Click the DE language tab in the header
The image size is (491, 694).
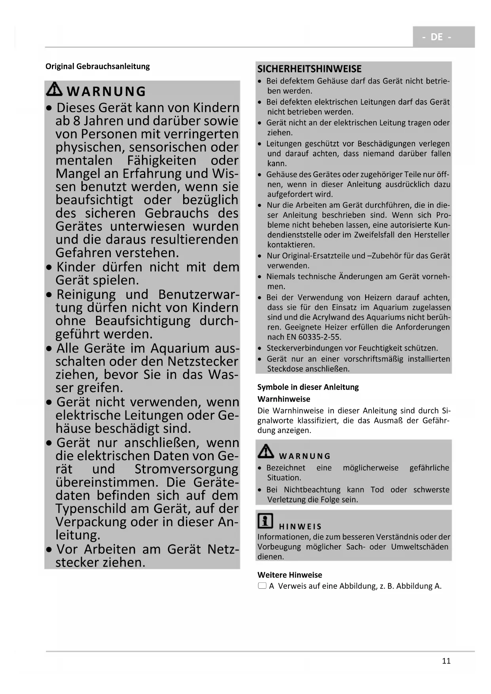437,37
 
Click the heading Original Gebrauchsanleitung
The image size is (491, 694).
97,66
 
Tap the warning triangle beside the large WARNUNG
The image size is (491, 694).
54,89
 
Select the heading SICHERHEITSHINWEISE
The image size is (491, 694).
309,69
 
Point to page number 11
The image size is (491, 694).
446,661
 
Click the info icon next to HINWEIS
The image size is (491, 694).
265,521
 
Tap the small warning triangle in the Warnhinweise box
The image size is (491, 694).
266,451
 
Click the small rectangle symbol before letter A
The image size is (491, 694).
262,586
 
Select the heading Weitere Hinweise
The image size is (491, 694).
290,575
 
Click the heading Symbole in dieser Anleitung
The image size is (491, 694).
308,387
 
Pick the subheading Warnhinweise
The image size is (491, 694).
284,399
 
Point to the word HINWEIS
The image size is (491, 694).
300,527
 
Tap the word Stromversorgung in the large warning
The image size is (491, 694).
186,469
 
